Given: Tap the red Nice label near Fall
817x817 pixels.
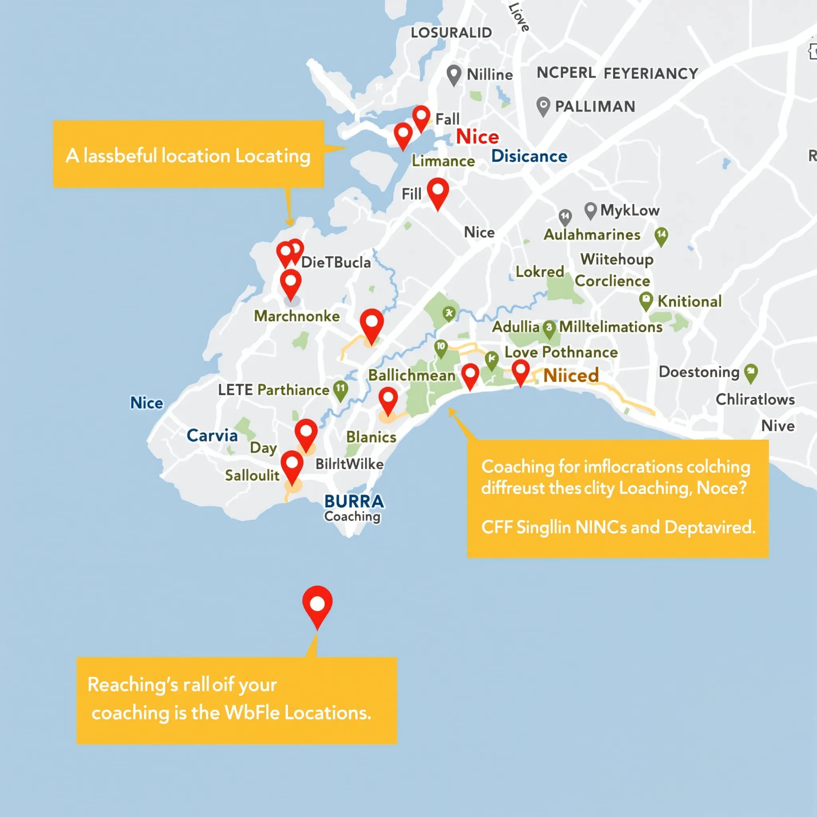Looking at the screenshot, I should click(477, 137).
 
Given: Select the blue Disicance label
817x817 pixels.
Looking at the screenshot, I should click(529, 156).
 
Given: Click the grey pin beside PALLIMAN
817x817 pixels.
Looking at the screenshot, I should click(543, 106).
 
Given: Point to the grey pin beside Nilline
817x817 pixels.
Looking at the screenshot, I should click(454, 75).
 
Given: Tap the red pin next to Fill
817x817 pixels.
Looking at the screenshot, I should click(438, 192).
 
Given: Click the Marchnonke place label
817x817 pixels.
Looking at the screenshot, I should click(296, 316).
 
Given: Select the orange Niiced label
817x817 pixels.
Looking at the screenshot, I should click(571, 375).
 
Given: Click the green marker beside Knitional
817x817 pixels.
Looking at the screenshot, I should click(646, 301).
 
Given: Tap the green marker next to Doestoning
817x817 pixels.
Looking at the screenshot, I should click(751, 373).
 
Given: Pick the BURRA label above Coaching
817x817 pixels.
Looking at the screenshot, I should click(354, 501).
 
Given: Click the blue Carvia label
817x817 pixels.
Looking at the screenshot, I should click(212, 436).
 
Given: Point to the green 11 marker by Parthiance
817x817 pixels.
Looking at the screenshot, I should click(340, 390).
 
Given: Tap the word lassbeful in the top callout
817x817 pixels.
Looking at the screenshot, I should click(120, 156).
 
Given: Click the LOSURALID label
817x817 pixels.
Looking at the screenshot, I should click(451, 33).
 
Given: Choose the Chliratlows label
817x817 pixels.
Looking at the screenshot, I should click(755, 400).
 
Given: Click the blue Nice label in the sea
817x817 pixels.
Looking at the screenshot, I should click(146, 403).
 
